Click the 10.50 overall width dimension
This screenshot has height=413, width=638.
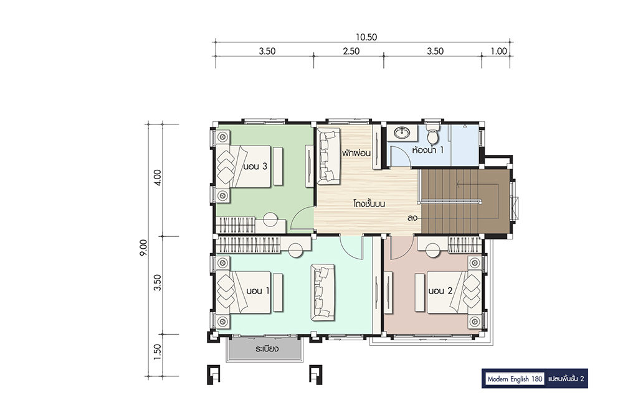pyautogui.click(x=366, y=37)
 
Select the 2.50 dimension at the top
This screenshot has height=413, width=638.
pyautogui.click(x=351, y=51)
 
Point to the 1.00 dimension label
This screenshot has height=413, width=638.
pyautogui.click(x=499, y=51)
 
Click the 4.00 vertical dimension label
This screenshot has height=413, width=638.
pyautogui.click(x=158, y=177)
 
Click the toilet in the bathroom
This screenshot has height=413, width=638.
pyautogui.click(x=432, y=133)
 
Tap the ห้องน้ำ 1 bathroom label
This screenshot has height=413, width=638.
pyautogui.click(x=427, y=150)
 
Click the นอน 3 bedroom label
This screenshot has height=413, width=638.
pyautogui.click(x=255, y=166)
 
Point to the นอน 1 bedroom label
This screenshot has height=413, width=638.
pyautogui.click(x=257, y=290)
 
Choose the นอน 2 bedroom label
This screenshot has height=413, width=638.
pyautogui.click(x=440, y=290)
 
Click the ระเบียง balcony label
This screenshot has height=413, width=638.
pyautogui.click(x=267, y=349)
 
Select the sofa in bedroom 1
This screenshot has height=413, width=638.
pyautogui.click(x=323, y=292)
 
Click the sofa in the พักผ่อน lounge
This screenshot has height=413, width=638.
pyautogui.click(x=328, y=156)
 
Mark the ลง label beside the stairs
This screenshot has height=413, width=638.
pyautogui.click(x=412, y=218)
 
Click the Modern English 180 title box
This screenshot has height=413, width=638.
pyautogui.click(x=515, y=379)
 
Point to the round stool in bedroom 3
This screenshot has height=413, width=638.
pyautogui.click(x=270, y=220)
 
